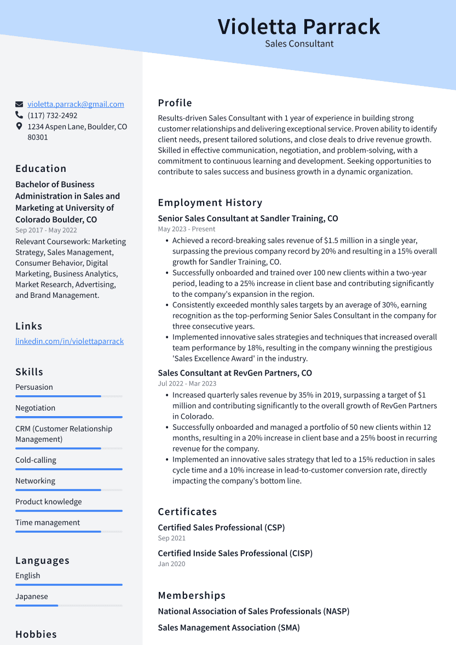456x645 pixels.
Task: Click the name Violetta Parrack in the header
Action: (298, 26)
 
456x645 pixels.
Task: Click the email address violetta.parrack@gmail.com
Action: (76, 104)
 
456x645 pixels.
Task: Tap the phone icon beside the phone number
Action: (19, 116)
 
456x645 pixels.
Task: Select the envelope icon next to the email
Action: (19, 104)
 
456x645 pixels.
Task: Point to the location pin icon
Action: (19, 126)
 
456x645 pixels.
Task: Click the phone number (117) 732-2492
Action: (53, 116)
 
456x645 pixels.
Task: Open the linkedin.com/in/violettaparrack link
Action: (70, 341)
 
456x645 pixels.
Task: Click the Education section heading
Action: (41, 169)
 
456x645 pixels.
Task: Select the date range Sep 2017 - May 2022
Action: (46, 231)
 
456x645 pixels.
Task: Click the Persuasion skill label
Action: (34, 387)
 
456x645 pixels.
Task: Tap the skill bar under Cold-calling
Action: (68, 469)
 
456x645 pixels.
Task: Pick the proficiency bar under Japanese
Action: (68, 606)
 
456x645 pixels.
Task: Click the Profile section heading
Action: (175, 103)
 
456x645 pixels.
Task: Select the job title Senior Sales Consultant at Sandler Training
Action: (248, 218)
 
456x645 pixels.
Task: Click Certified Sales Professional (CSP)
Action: (221, 528)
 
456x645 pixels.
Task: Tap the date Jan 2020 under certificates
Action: (171, 564)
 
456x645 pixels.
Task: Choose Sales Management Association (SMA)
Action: (229, 627)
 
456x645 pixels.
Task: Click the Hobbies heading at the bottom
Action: (36, 635)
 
